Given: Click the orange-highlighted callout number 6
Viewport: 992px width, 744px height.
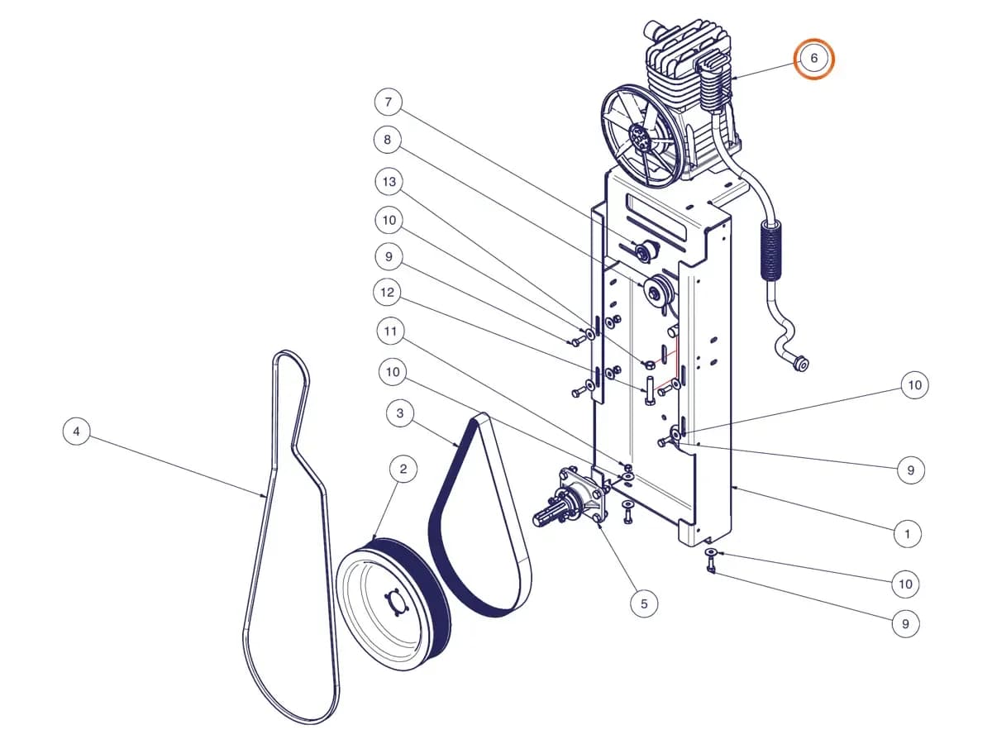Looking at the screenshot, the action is click(x=814, y=59).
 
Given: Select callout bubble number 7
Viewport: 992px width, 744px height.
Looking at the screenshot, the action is click(x=389, y=102).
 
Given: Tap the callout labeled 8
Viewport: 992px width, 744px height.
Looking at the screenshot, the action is click(x=388, y=140).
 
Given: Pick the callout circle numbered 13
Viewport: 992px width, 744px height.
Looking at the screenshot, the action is click(x=389, y=182).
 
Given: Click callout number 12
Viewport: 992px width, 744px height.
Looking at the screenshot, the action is click(x=388, y=293).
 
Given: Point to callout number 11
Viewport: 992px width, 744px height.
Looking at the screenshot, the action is click(x=390, y=331).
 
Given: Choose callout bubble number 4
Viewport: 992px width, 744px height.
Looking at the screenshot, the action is click(x=76, y=432).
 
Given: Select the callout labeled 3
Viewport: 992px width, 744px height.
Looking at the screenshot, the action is click(x=400, y=413).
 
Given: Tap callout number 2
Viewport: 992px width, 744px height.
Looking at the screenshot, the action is click(x=403, y=469).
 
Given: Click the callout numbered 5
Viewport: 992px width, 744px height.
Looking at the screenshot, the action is click(x=644, y=603).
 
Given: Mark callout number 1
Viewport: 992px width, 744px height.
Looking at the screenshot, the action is click(x=908, y=534).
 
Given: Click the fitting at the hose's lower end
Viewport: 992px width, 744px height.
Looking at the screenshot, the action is click(x=799, y=363).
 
